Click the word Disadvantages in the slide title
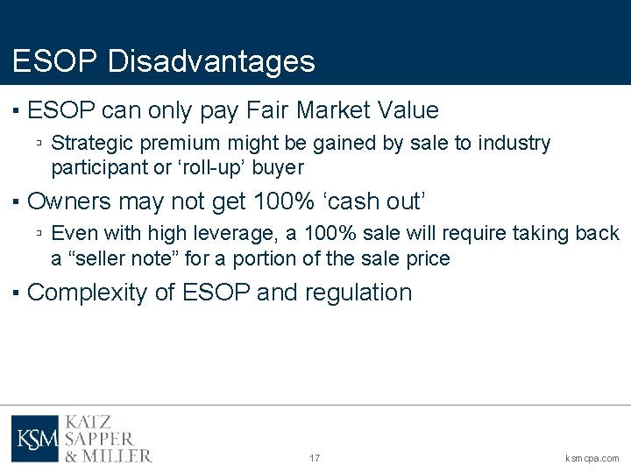211,61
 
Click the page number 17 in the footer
315,458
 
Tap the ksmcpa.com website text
592,458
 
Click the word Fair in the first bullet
269,110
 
